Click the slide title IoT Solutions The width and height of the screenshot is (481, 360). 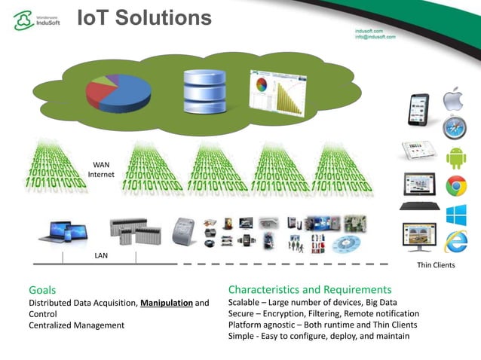tap(145, 17)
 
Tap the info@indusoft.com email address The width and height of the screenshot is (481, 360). tap(375, 36)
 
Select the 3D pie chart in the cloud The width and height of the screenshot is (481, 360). tap(118, 93)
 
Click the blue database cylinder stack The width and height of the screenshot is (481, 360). tap(204, 92)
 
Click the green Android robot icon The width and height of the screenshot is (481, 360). tap(456, 157)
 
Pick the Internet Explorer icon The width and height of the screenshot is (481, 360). tap(455, 242)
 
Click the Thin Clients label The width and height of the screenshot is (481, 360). tap(436, 265)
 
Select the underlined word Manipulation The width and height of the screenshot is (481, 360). tap(166, 303)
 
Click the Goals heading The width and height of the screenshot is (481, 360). tap(42, 289)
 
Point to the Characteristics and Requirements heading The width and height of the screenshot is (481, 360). tap(309, 289)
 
